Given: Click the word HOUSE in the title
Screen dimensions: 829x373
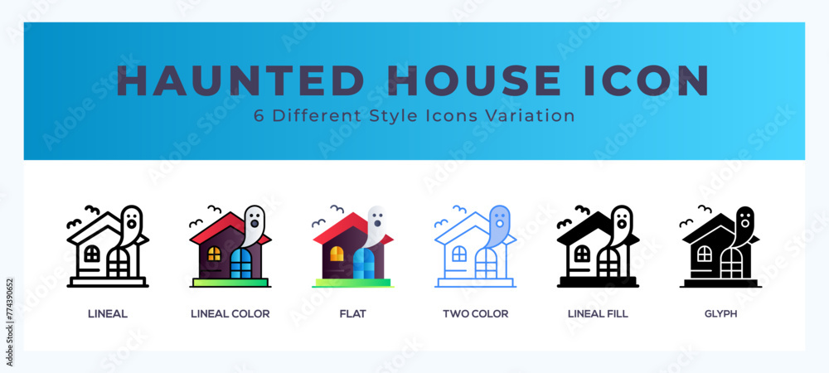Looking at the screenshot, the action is (x=477, y=80).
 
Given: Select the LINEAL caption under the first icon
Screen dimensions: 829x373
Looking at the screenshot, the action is (x=108, y=314).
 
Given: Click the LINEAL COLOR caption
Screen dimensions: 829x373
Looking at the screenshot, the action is (x=230, y=314).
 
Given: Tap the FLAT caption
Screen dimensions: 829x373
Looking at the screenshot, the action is (x=352, y=314).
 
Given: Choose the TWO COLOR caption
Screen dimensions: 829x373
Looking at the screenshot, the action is (x=475, y=314).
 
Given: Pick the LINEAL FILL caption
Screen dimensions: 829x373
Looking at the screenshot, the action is (x=598, y=314).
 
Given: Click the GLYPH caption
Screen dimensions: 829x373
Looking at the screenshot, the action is (x=720, y=314).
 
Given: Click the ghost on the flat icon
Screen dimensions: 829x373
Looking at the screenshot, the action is (x=375, y=225).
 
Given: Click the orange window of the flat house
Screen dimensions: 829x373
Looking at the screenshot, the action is (x=337, y=254).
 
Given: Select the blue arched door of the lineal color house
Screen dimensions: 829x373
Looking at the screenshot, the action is (x=241, y=264).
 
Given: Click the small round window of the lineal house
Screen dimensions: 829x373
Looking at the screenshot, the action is (x=92, y=254).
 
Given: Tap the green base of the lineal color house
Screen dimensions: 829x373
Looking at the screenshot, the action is (x=230, y=283).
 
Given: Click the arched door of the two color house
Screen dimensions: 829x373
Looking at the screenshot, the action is (x=486, y=264).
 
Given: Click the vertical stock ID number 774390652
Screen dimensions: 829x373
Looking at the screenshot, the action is (x=10, y=322).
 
